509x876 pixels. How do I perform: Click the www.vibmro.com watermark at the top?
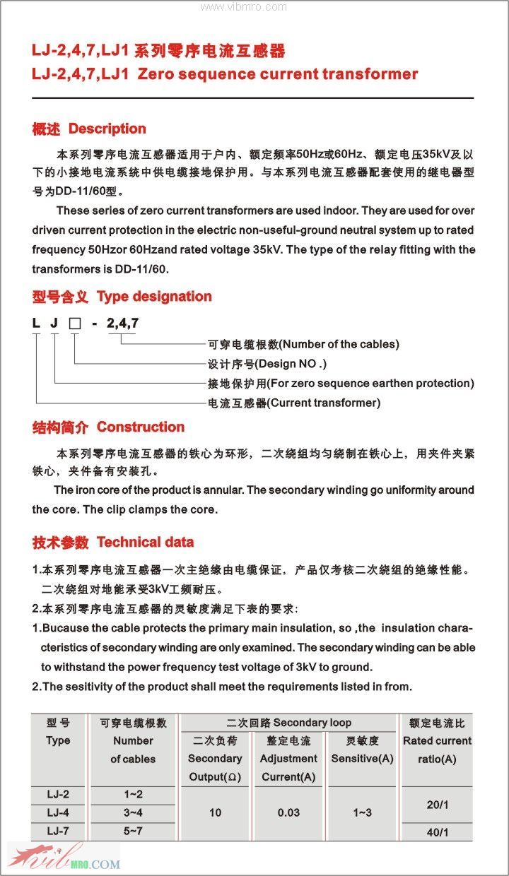(243, 7)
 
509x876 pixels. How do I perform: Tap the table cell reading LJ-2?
(58, 795)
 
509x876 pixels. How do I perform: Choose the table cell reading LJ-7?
(58, 831)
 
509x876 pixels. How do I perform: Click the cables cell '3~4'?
(132, 812)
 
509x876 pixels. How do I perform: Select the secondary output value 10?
(215, 812)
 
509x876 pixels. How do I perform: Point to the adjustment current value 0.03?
(288, 812)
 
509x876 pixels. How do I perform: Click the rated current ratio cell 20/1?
(437, 805)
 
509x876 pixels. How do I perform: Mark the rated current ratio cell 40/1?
(437, 832)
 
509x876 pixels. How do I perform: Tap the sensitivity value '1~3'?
(362, 812)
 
